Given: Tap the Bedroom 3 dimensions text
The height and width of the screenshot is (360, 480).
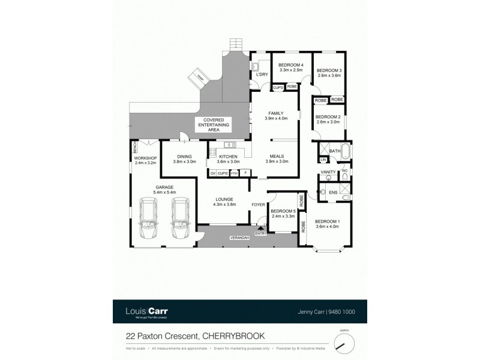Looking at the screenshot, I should click(329, 76).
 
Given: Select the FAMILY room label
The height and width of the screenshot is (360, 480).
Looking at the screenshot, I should click(276, 113).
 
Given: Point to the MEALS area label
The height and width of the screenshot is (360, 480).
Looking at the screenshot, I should click(277, 156).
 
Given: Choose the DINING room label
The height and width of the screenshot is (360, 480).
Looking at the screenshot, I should click(185, 156).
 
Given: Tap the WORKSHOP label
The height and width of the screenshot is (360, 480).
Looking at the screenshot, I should click(145, 158).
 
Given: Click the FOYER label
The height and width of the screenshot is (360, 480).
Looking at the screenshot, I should click(259, 204).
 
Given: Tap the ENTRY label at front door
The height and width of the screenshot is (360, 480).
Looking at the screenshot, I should click(260, 233).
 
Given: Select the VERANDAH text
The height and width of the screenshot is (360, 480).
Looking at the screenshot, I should click(239, 239).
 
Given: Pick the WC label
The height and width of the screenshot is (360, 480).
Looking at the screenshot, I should click(344, 171).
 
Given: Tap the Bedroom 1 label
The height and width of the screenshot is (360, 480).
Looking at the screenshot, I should click(327, 220).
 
